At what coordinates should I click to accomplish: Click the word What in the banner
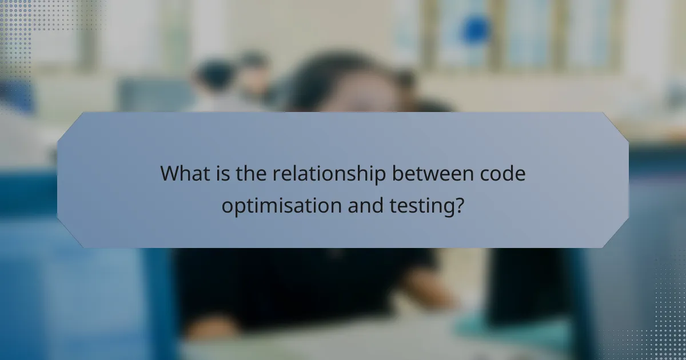click(184, 173)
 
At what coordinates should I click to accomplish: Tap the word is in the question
click(225, 173)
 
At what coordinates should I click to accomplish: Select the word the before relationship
click(251, 173)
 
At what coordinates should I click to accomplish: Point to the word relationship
click(328, 174)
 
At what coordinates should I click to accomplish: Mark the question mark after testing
click(458, 205)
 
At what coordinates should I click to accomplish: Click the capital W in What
click(170, 173)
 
